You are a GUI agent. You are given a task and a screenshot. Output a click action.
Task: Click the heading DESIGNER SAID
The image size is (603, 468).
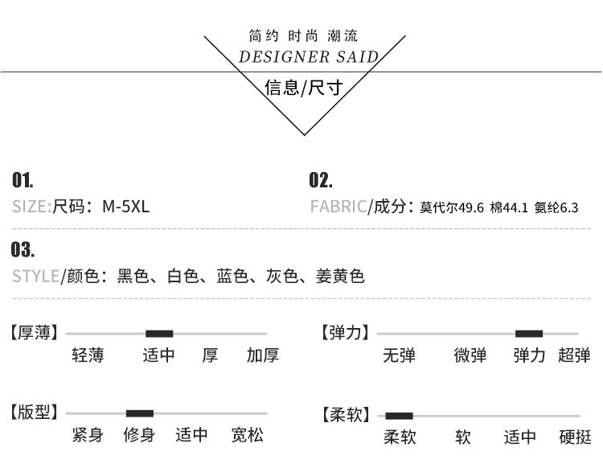pos(309,57)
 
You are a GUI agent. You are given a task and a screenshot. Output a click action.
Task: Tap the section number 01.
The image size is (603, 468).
pos(23,180)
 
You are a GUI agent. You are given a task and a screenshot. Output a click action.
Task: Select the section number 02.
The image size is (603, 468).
pos(321,180)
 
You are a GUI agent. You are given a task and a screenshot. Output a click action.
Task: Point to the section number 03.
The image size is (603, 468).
pos(23,249)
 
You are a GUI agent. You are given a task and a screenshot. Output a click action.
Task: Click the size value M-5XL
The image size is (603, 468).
pos(125,207)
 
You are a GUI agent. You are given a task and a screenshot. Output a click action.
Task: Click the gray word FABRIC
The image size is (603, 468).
pos(338,207)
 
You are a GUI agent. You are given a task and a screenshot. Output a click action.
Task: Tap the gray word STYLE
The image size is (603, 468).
pos(35,276)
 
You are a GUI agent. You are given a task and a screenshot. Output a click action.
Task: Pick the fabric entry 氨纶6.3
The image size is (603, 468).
pos(556,207)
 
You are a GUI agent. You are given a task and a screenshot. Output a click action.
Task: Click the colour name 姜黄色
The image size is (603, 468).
pos(340,276)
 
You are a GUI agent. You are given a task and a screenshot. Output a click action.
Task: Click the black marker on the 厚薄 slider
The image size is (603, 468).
pos(159,334)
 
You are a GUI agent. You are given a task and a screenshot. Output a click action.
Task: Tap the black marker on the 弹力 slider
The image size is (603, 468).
pos(529,334)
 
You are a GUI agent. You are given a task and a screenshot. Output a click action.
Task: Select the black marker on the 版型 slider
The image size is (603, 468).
pos(140,413)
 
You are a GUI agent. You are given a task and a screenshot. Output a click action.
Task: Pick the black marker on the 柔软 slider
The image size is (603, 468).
pos(399,416)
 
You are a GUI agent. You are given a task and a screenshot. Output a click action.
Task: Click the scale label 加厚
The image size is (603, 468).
pos(263,355)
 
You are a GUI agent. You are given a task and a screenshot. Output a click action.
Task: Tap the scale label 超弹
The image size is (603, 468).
pos(574,355)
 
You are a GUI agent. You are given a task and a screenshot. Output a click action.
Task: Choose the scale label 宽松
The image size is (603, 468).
pos(248,435)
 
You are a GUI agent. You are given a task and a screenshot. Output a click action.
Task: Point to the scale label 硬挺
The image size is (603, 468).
pos(576,437)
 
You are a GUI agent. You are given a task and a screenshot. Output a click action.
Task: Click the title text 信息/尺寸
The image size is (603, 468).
pos(303,88)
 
